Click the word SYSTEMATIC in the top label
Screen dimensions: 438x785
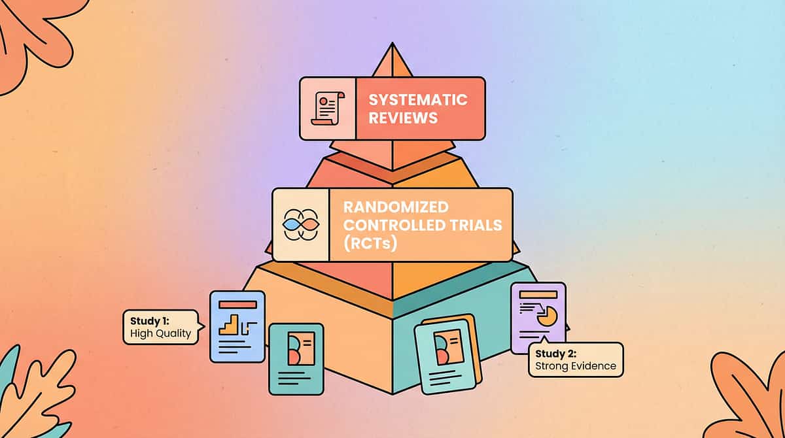(x=417, y=100)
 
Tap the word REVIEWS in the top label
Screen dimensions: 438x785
(x=403, y=118)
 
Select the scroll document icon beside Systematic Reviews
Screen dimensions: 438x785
(x=328, y=109)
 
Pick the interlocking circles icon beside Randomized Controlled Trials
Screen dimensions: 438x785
(x=300, y=224)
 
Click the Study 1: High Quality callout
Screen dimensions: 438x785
(x=160, y=327)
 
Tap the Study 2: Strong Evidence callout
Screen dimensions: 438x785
(x=576, y=360)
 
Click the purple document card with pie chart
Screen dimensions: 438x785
(x=538, y=317)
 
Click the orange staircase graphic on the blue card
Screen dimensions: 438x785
(x=230, y=324)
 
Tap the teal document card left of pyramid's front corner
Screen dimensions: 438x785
(x=296, y=358)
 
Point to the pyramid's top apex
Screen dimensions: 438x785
(x=392, y=47)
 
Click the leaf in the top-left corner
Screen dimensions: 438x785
(x=33, y=33)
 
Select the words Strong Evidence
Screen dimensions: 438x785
(x=576, y=366)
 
